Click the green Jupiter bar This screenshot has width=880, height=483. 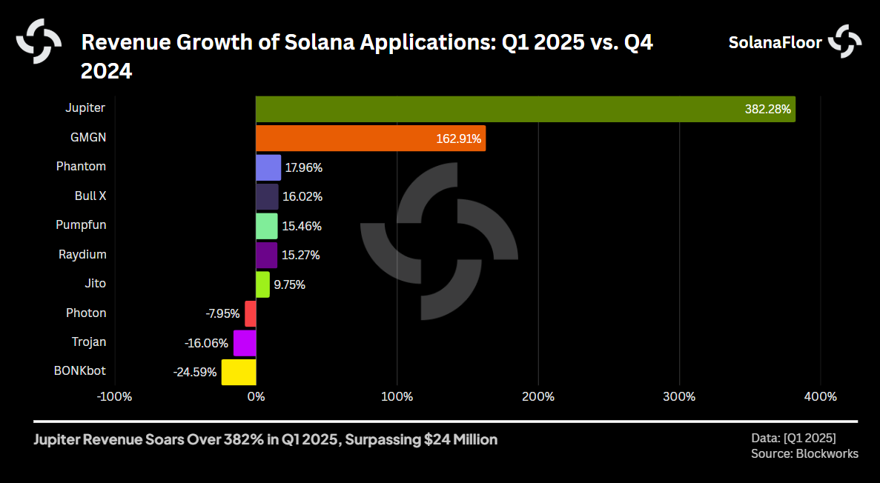click(525, 109)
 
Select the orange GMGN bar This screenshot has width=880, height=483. click(371, 139)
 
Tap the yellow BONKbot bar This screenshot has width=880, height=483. click(239, 372)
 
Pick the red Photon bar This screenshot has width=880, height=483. click(251, 313)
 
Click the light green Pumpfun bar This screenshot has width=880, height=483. click(267, 226)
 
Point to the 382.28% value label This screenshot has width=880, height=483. click(767, 110)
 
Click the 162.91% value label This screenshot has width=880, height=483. click(458, 139)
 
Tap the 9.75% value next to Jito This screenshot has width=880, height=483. click(289, 284)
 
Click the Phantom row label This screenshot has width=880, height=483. click(81, 167)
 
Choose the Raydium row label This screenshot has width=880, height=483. click(82, 255)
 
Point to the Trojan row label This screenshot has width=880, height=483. click(89, 342)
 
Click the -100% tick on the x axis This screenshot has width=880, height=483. click(114, 397)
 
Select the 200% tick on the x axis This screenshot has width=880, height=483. click(538, 397)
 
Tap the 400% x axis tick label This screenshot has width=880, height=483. click(821, 397)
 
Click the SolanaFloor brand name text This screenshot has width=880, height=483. click(775, 42)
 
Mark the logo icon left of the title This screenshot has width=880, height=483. click(39, 40)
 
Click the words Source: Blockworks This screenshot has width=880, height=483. click(804, 453)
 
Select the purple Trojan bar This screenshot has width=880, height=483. click(245, 343)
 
